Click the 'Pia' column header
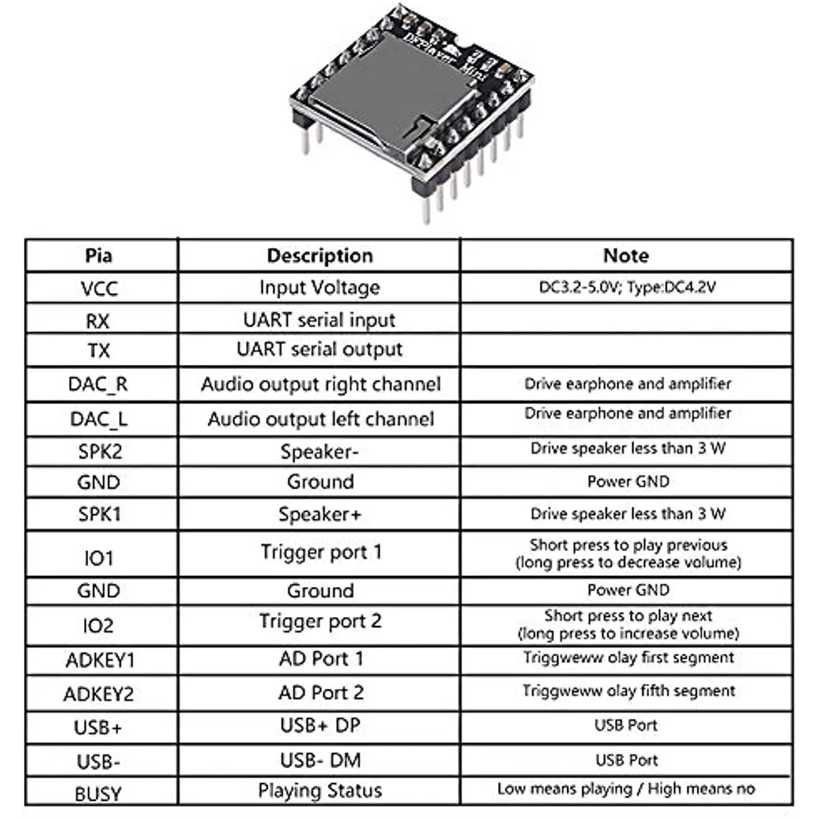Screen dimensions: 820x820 coord(99,256)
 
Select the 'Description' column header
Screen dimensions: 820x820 coord(320,256)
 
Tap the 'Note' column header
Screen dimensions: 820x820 coord(626,256)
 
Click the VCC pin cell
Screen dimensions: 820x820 coord(99,288)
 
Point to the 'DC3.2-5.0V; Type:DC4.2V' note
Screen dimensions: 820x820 coord(627,288)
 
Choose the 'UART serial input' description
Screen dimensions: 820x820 coord(319,320)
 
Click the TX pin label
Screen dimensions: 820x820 coord(99,351)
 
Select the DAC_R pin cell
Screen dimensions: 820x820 coord(98,384)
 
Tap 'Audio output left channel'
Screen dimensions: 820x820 coord(320,419)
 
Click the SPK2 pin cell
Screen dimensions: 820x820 coord(100,452)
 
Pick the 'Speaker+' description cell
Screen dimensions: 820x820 coord(319,514)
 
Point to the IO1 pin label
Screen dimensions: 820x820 coord(98,558)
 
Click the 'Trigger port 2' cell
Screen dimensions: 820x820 coord(320,621)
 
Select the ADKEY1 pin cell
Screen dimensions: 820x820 coord(100,660)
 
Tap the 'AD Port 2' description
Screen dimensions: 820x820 coord(320,693)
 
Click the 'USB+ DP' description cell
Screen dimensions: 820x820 coord(320,726)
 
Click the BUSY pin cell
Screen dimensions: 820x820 coord(98,794)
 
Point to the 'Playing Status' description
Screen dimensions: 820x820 coord(320,791)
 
